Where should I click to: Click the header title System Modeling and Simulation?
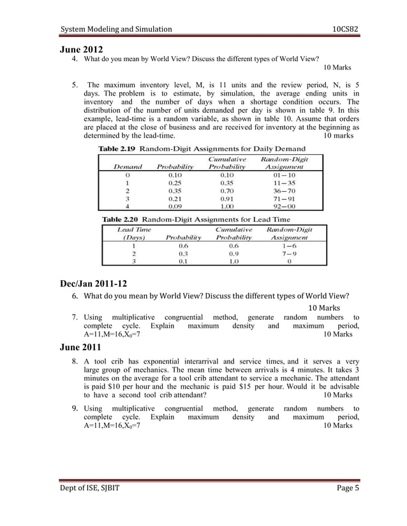[115, 29]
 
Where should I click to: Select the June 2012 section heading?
[81, 49]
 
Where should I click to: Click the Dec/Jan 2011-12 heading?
[96, 285]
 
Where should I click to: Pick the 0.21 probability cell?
[174, 197]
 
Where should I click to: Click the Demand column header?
[127, 167]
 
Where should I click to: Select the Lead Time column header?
[135, 228]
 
